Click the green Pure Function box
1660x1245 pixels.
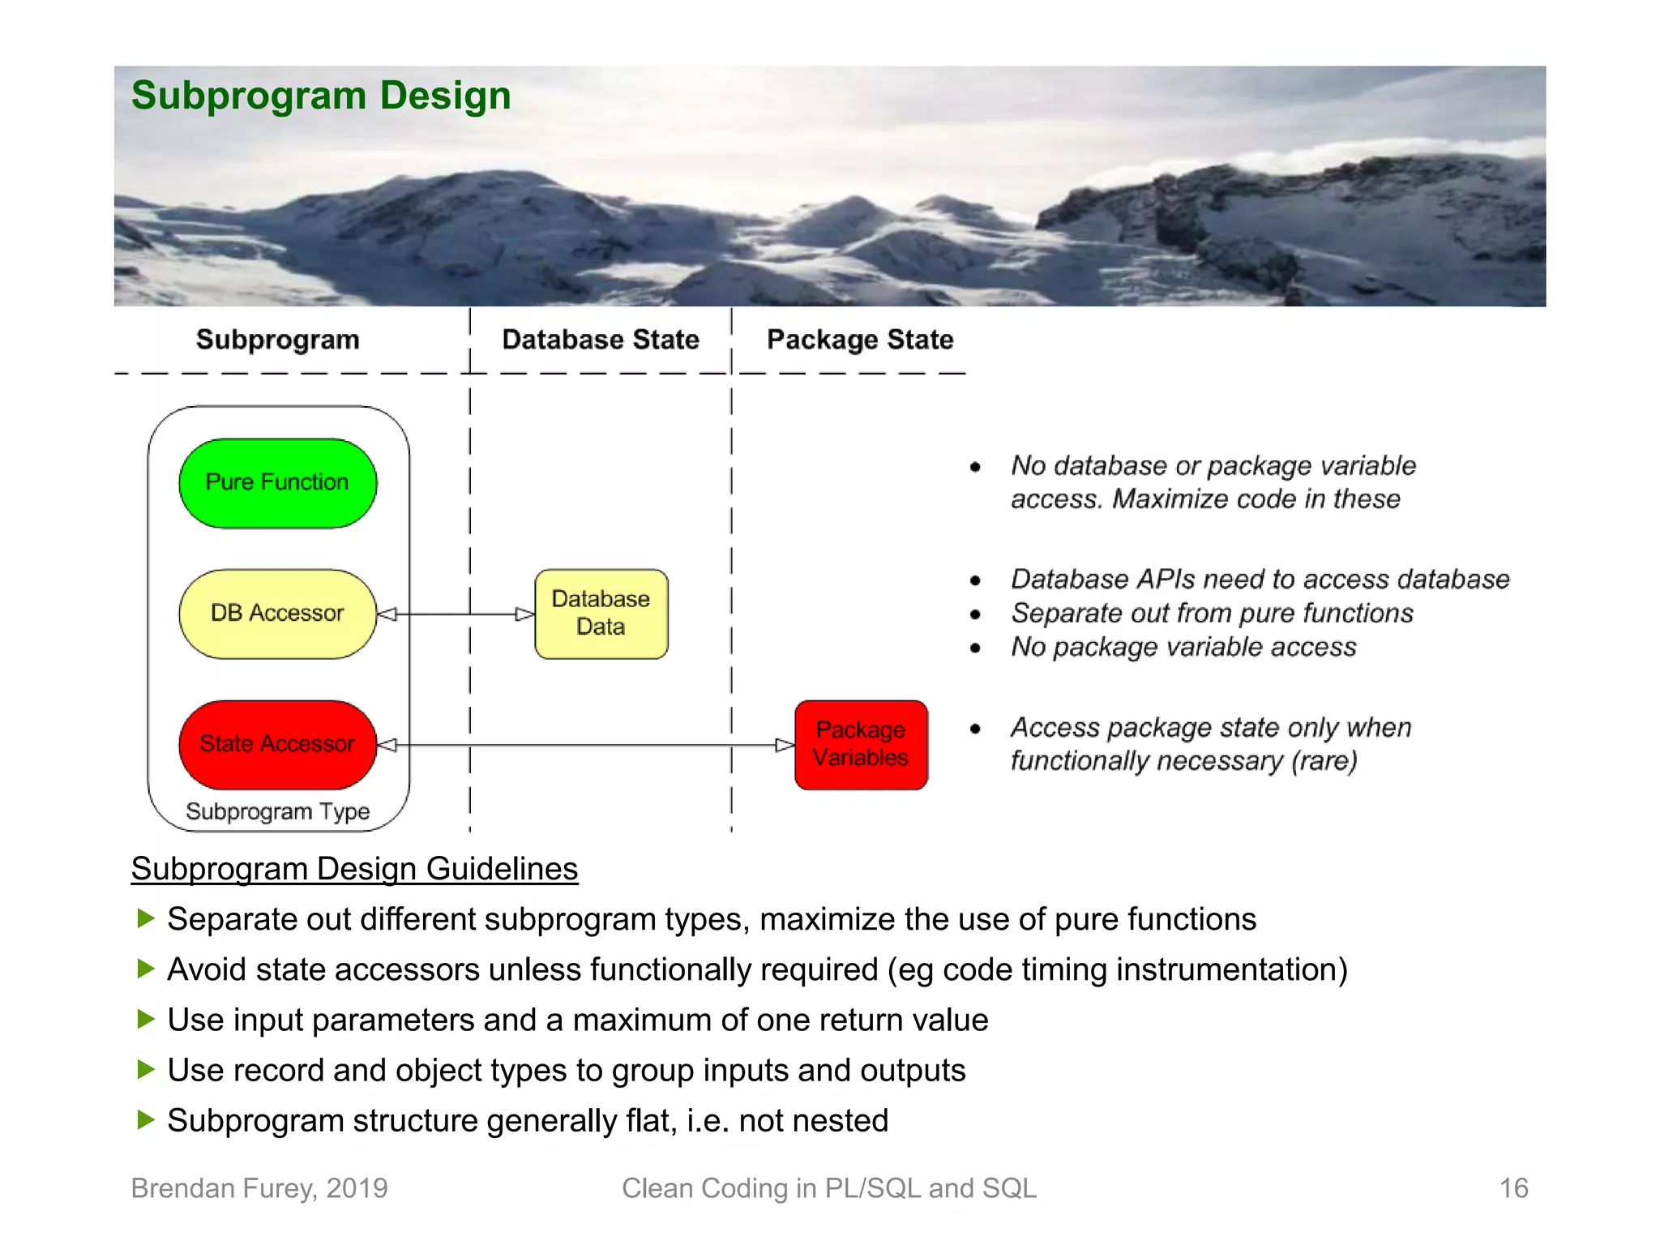(277, 483)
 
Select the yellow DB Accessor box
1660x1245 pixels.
(277, 614)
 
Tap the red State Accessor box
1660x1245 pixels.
(277, 744)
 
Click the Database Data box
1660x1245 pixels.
(601, 614)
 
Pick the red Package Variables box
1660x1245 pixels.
(861, 744)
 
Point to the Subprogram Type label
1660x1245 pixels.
(277, 811)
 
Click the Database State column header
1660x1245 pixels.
(601, 340)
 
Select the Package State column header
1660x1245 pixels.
(860, 340)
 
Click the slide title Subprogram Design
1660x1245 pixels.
(321, 96)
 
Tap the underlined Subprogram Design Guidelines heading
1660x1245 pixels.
(354, 869)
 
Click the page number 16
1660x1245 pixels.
(1513, 1188)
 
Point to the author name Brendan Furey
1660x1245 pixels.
(223, 1188)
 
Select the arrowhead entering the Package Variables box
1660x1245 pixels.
(784, 745)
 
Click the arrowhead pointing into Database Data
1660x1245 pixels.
(524, 614)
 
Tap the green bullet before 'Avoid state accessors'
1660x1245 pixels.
(146, 969)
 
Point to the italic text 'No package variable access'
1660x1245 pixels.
(1183, 647)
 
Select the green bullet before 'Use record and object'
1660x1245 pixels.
(146, 1069)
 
